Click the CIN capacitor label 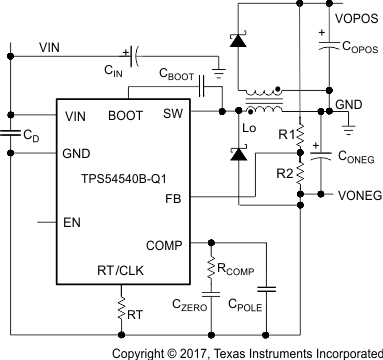[112, 73]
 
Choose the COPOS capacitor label [355, 45]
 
